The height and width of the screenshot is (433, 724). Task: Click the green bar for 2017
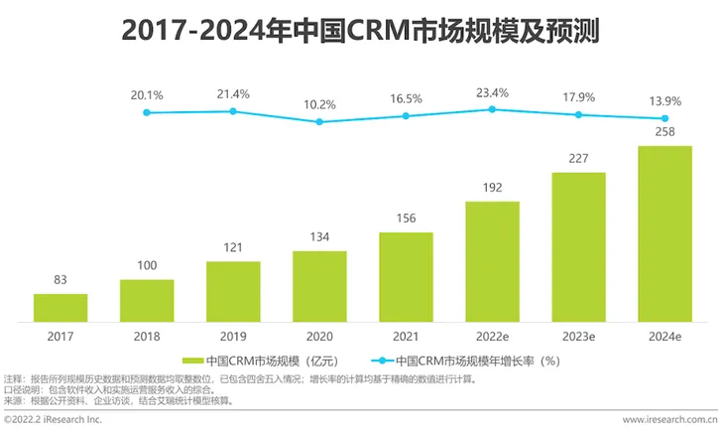[x=60, y=308]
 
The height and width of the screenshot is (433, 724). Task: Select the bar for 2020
[x=319, y=287]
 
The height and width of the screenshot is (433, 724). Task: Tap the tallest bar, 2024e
[x=664, y=234]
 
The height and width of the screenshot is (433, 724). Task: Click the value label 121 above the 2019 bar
[x=233, y=247]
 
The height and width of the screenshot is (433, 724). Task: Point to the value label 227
[x=578, y=158]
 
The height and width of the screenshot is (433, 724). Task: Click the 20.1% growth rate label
[x=147, y=95]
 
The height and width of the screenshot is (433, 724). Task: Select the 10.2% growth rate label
[x=319, y=104]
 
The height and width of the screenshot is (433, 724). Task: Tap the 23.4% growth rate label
[x=492, y=92]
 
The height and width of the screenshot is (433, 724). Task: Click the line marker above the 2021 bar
[x=406, y=116]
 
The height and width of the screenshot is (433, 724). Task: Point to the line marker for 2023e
[x=578, y=115]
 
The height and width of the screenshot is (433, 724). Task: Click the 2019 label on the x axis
[x=233, y=337]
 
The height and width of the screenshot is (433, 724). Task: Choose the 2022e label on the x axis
[x=492, y=337]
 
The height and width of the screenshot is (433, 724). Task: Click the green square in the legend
[x=191, y=361]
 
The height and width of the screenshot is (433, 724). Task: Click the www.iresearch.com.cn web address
[x=670, y=420]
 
